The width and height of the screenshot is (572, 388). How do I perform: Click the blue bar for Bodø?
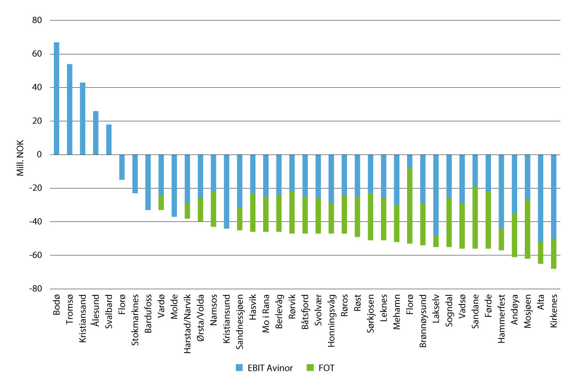(56, 98)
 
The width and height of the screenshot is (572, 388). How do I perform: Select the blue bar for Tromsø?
(70, 109)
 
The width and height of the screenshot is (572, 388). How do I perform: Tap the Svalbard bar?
(109, 139)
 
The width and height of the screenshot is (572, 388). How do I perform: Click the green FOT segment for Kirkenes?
(553, 253)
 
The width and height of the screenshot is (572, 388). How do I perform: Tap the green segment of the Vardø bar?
(161, 202)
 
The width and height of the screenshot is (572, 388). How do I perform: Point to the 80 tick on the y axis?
(37, 21)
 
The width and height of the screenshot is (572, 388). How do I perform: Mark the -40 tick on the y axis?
(36, 222)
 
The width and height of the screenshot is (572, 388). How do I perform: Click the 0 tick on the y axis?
(40, 155)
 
